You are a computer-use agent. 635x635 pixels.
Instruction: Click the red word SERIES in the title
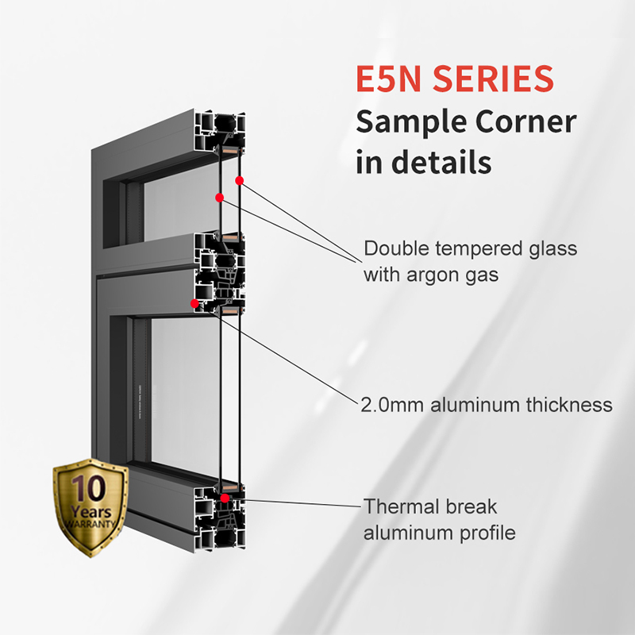click(x=493, y=78)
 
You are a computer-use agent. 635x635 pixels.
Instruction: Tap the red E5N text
click(x=389, y=78)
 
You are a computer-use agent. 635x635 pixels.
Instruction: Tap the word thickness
click(x=569, y=405)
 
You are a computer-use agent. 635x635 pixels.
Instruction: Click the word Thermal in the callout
click(x=396, y=506)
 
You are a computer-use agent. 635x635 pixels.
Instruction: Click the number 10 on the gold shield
click(x=89, y=487)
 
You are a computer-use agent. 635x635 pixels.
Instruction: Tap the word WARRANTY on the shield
click(x=90, y=524)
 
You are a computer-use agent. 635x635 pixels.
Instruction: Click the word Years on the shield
click(x=91, y=511)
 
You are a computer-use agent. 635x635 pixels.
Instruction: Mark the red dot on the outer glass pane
click(x=240, y=181)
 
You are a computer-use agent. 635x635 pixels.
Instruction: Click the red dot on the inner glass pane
click(x=220, y=198)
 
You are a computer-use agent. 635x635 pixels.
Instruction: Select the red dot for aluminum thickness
click(x=194, y=303)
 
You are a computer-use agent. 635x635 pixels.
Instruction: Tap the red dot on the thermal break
click(x=225, y=498)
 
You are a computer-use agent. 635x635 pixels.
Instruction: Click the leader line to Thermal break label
click(x=302, y=503)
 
